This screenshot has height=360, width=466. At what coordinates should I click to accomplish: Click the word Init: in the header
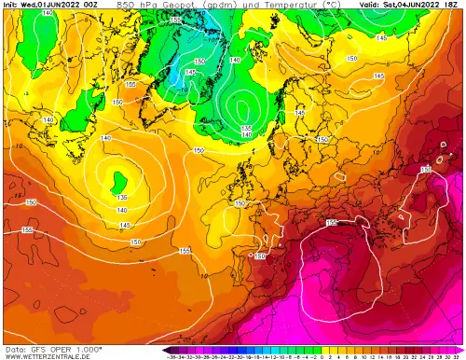11,5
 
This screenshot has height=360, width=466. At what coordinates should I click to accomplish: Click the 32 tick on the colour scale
457,355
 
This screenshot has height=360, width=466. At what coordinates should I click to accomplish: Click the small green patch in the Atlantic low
119,179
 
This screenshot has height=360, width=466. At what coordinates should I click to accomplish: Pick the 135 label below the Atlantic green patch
122,197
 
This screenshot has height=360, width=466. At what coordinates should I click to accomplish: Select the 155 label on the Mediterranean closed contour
332,223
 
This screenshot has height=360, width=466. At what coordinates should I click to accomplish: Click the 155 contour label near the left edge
25,229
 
